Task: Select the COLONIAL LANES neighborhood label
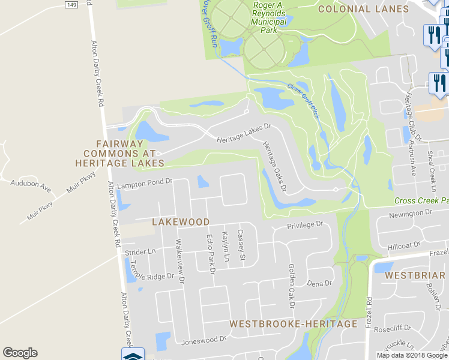tap(363, 9)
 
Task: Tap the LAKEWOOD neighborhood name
tap(181, 222)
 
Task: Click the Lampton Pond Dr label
tap(145, 182)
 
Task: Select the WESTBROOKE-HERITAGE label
tap(294, 324)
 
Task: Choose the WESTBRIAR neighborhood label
tap(415, 275)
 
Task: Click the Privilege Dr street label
tap(305, 225)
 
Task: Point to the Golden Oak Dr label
tap(291, 285)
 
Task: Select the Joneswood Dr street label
tap(203, 340)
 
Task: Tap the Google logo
tap(20, 353)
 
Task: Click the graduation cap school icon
tap(133, 355)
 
